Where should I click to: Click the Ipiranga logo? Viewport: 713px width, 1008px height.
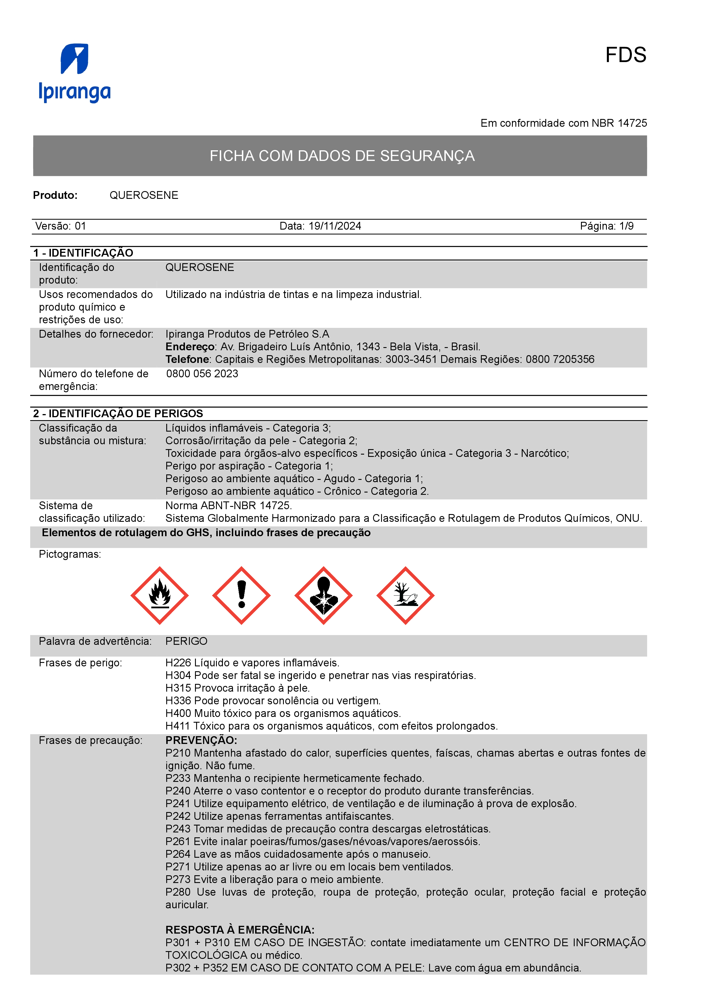click(75, 73)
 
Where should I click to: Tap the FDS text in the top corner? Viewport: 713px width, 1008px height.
click(626, 55)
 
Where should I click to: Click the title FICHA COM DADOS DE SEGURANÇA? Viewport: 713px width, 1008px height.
click(342, 156)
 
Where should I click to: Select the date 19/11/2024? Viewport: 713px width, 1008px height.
click(335, 226)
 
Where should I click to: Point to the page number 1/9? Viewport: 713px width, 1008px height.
click(626, 226)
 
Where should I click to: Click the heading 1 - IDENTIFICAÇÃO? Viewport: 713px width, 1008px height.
click(83, 253)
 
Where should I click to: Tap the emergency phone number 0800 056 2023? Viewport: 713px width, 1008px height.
click(202, 374)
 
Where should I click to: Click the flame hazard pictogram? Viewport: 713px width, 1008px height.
click(159, 595)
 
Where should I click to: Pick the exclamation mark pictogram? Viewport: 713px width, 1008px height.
click(241, 595)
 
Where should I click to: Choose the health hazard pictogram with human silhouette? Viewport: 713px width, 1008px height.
click(323, 595)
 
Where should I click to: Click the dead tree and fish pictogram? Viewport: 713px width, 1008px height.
click(405, 595)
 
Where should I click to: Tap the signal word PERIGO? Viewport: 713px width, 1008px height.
click(186, 641)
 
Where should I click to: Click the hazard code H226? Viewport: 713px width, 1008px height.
click(178, 663)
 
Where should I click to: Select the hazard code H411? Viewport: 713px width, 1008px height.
click(178, 726)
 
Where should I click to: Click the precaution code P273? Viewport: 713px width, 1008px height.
click(178, 879)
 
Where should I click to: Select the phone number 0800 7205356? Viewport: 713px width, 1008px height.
click(560, 359)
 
